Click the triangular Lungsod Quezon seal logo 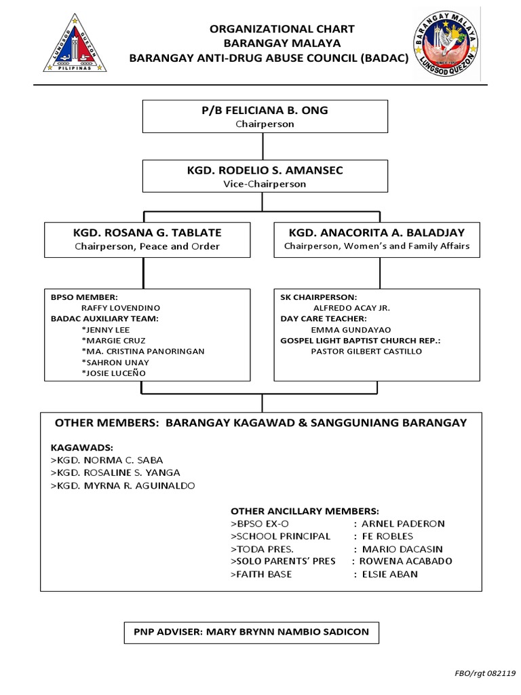tap(75, 46)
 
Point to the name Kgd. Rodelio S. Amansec tap(265, 170)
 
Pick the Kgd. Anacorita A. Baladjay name tap(377, 233)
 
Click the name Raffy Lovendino tap(120, 307)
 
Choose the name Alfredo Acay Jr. tap(351, 307)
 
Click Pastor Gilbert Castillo tap(366, 352)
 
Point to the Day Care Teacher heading tap(314, 318)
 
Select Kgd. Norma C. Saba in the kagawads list tap(107, 459)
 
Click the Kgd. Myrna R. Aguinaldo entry tap(123, 486)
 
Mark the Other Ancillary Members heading tap(305, 510)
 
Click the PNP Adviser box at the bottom tap(251, 632)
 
